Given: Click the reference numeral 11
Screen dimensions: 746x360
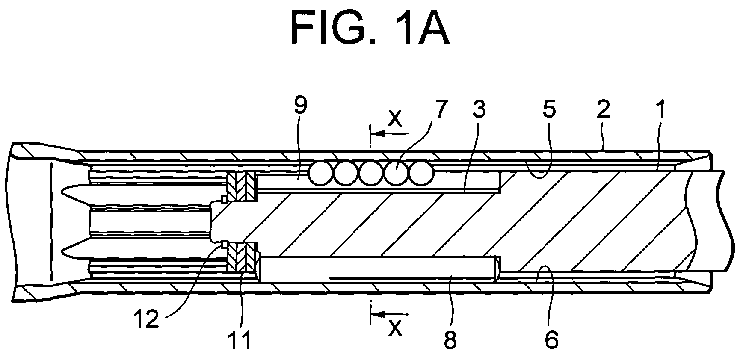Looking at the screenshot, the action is (241, 341).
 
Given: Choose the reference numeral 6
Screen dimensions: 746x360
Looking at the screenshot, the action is (551, 341).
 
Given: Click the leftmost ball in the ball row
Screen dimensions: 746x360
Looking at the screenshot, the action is (322, 174).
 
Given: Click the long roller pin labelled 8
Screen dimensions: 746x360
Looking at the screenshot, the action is (379, 269).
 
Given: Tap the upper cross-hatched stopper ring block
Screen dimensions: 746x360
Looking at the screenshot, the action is (242, 187).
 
